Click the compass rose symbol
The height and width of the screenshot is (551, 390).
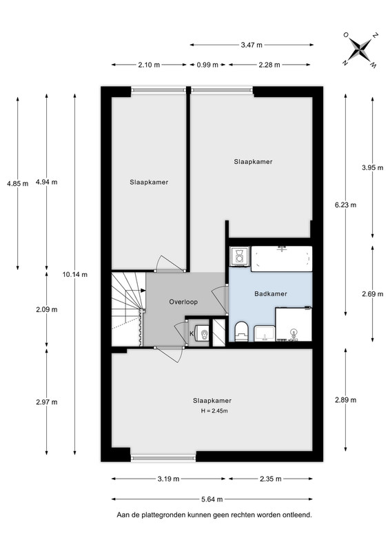click(360, 50)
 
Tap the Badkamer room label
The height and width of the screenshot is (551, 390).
click(271, 294)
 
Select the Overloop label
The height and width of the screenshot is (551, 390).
click(183, 302)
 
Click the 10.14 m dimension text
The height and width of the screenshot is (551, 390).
click(75, 275)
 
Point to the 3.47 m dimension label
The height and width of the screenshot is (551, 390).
click(252, 45)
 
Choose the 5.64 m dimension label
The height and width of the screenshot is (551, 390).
click(212, 499)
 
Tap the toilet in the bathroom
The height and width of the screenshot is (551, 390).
click(242, 331)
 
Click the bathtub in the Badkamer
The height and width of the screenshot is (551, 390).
click(281, 259)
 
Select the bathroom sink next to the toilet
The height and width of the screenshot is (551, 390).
click(264, 333)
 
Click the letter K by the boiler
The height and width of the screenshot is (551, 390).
click(192, 334)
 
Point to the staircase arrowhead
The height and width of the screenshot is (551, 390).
click(143, 290)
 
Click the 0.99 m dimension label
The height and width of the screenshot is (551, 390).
click(207, 65)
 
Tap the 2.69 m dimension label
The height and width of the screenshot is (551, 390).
click(373, 294)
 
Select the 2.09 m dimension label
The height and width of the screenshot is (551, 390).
click(47, 309)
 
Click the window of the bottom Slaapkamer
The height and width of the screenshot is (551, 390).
click(163, 458)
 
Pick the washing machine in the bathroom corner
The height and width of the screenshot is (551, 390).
click(239, 255)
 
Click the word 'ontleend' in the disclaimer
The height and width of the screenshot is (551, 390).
click(298, 514)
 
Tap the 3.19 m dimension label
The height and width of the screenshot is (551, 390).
click(168, 479)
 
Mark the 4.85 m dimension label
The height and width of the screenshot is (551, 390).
click(18, 183)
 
